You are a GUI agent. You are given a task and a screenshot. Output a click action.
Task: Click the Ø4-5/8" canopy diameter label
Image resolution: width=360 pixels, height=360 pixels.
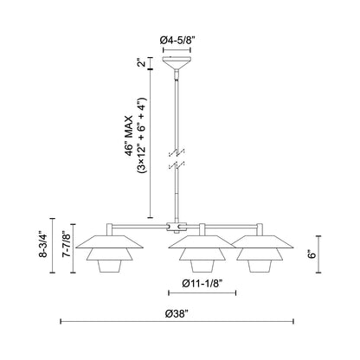tap(180, 40)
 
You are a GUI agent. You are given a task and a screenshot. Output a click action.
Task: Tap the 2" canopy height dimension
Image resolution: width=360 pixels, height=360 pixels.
tap(139, 64)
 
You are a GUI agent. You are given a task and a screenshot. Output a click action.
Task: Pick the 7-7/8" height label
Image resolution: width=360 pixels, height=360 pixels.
tap(58, 251)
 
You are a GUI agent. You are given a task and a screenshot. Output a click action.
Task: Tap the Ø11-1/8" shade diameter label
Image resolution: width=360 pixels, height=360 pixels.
tap(202, 283)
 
